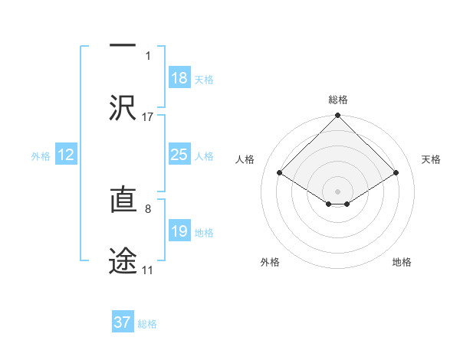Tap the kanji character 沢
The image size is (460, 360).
123,108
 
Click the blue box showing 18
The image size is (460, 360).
179,78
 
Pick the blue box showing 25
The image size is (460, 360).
179,155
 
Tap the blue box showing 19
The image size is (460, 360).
179,232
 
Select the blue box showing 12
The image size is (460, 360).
65,155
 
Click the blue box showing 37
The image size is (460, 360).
123,322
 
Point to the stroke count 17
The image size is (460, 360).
148,117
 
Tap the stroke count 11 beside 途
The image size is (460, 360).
147,270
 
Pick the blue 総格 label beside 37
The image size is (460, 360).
147,324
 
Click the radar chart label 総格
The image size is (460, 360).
337,100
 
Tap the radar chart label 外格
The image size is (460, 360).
270,262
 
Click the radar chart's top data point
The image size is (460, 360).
337,116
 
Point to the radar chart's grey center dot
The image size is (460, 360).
337,191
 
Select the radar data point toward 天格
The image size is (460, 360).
396,173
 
